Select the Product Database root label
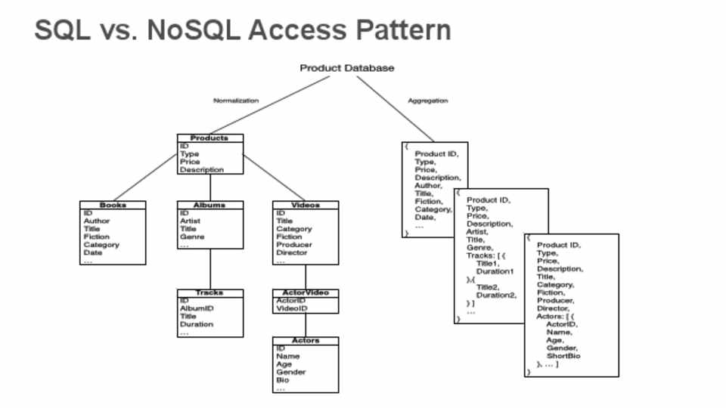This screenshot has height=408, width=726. [347, 68]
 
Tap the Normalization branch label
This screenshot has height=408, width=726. [236, 100]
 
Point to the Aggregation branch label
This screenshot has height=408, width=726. [428, 100]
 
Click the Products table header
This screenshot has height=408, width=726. [209, 138]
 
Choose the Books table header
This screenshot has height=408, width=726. [113, 205]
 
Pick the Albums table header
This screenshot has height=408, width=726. [209, 205]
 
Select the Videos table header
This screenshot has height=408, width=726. [306, 205]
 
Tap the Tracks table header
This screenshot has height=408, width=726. [209, 292]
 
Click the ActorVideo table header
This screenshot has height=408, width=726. [306, 292]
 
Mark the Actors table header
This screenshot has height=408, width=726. [306, 341]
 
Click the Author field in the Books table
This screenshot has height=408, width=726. [97, 221]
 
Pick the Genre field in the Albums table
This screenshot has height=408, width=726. [192, 237]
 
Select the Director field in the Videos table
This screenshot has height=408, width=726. [292, 253]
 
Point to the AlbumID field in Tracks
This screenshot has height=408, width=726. [197, 308]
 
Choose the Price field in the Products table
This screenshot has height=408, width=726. [190, 162]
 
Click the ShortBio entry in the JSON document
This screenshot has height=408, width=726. [563, 356]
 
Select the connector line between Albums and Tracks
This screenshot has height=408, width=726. [210, 268]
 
